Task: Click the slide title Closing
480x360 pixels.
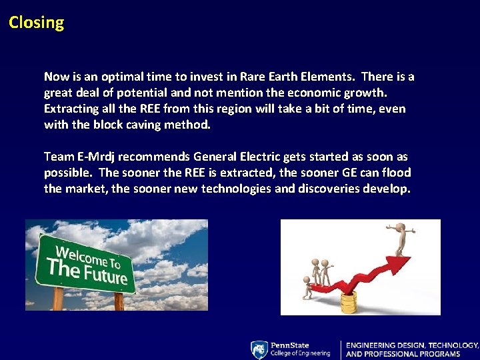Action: [37, 23]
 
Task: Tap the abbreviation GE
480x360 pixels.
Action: [339, 173]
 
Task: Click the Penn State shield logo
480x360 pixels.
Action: [259, 349]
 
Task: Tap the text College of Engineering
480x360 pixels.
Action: [299, 353]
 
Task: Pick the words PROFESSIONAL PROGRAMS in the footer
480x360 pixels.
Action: [421, 353]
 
